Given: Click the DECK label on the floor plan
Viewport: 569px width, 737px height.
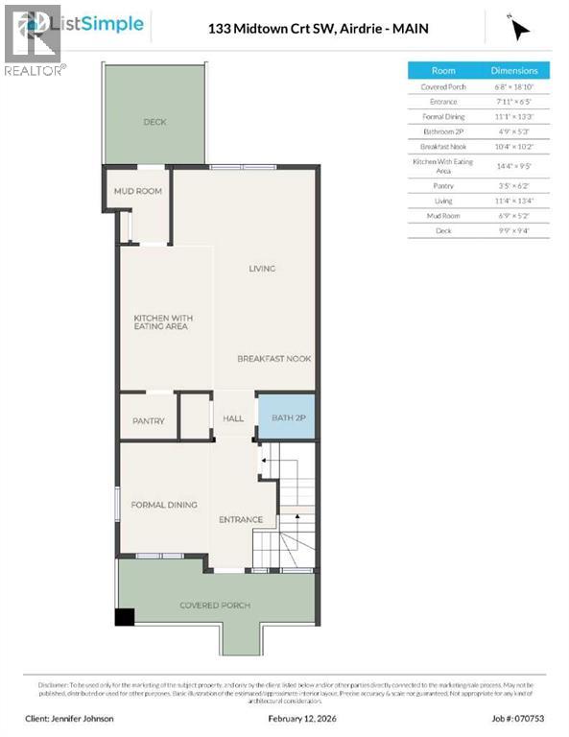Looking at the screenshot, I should coord(154,122).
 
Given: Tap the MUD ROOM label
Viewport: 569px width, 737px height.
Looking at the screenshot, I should coord(138,191).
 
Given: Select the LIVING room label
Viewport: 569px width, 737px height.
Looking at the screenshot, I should coord(262,269).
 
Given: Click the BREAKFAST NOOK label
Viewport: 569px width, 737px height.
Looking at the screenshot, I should coord(274,358).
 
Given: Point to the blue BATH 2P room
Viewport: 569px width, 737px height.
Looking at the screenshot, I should coord(287,418).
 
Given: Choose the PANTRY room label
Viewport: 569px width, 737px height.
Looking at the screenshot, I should coord(148,420).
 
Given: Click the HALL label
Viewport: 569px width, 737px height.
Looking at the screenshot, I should coord(233,418).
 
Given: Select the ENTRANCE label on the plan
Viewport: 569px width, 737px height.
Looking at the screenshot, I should coord(241,520).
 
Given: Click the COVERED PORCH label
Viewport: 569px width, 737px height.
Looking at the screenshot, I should coord(215,606).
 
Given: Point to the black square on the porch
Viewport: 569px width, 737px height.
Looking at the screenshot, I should coord(125,617).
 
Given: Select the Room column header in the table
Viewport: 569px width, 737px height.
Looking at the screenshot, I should coord(443,71).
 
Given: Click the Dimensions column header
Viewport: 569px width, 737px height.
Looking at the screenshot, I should coord(514,71).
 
